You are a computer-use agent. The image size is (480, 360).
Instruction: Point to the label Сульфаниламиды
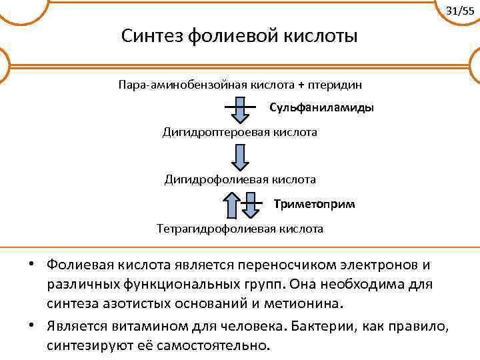pyautogui.click(x=321, y=107)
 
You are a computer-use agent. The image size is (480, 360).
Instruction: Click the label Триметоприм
pyautogui.click(x=314, y=203)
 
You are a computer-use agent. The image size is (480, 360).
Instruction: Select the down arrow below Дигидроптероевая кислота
pyautogui.click(x=240, y=156)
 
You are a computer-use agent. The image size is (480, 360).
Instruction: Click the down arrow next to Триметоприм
pyautogui.click(x=250, y=205)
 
